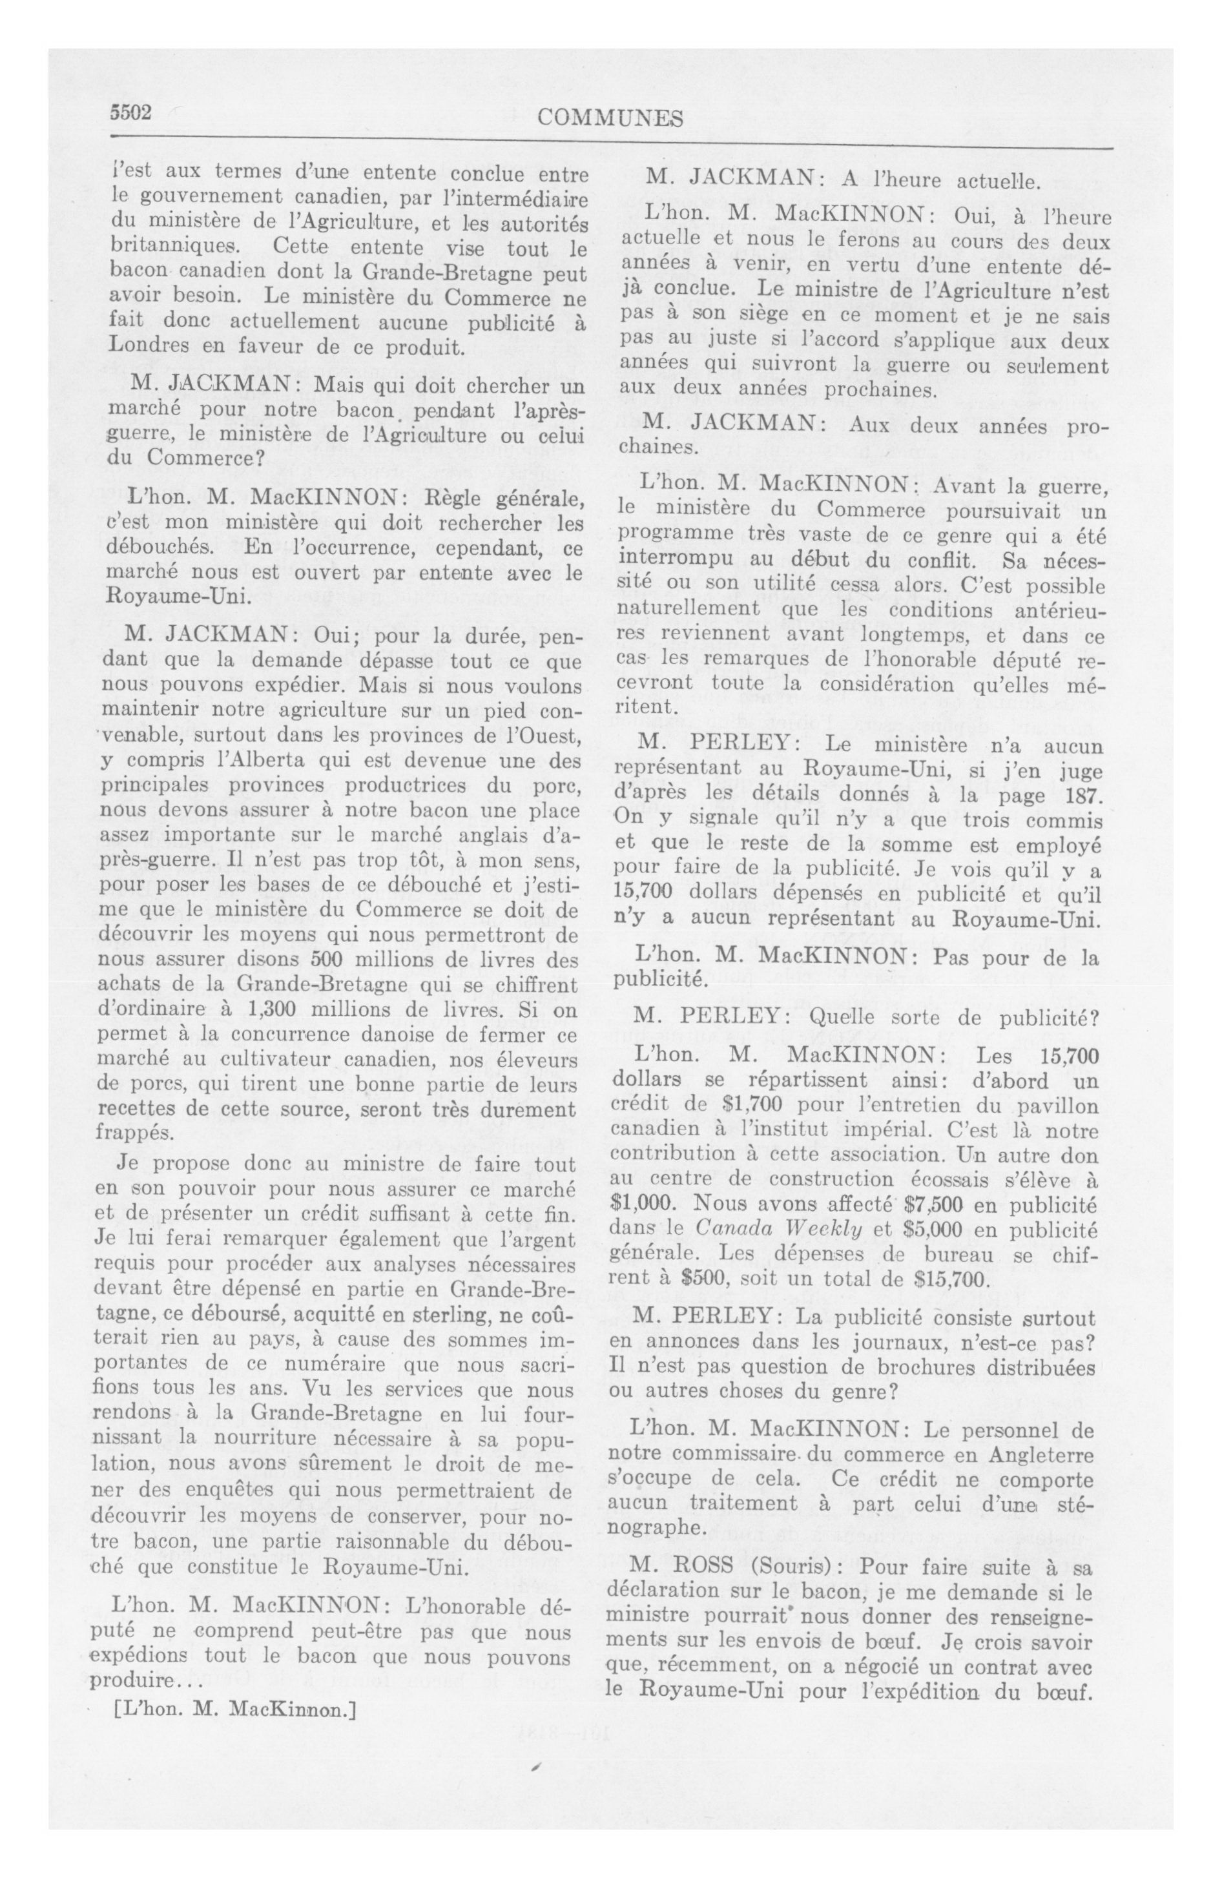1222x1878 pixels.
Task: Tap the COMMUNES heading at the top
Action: click(610, 118)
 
